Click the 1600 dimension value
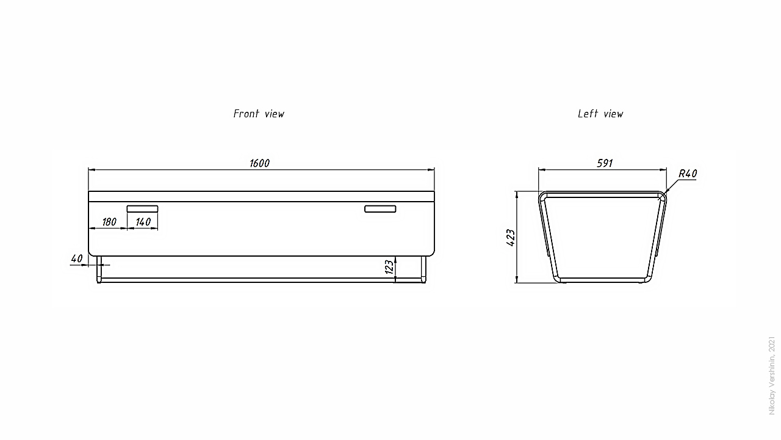[259, 163]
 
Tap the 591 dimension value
[604, 163]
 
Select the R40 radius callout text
[688, 174]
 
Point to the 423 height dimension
[511, 237]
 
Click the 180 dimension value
[109, 222]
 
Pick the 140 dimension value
[143, 222]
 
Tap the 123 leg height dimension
[389, 267]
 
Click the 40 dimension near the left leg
[76, 258]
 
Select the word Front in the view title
[247, 114]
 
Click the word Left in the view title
[588, 114]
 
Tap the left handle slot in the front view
[142, 208]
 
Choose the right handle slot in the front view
[380, 209]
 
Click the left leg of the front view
[98, 269]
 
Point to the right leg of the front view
[423, 269]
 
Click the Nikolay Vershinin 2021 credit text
[772, 375]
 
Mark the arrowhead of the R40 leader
[666, 193]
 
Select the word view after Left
[613, 114]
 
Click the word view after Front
[274, 114]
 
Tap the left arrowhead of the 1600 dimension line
[92, 170]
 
